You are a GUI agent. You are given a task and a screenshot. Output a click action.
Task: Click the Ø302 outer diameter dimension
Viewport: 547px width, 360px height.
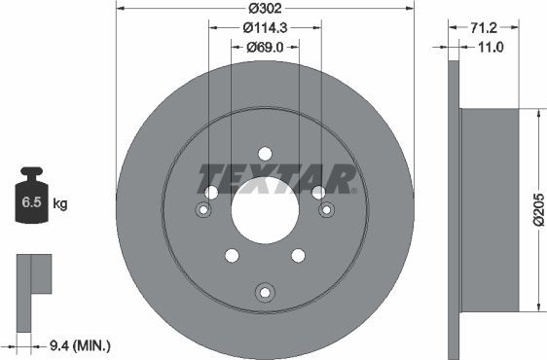pyautogui.click(x=265, y=9)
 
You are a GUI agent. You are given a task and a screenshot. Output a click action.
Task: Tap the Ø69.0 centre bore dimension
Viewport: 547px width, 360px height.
pyautogui.click(x=265, y=47)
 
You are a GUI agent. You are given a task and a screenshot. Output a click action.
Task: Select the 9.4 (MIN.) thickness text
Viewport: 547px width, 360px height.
pyautogui.click(x=80, y=344)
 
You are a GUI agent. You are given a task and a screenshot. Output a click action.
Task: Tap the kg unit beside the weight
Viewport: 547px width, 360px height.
pyautogui.click(x=60, y=204)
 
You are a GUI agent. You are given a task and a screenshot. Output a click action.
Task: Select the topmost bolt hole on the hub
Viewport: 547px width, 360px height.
pyautogui.click(x=265, y=153)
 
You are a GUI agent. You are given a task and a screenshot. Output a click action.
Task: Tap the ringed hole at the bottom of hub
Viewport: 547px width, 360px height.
pyautogui.click(x=264, y=292)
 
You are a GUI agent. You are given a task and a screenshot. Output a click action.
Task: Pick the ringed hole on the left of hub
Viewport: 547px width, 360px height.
pyautogui.click(x=203, y=210)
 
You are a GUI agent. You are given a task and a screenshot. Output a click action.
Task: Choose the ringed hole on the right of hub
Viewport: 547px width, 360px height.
pyautogui.click(x=325, y=209)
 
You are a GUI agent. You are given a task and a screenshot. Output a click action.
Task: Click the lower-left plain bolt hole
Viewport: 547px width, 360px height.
pyautogui.click(x=232, y=255)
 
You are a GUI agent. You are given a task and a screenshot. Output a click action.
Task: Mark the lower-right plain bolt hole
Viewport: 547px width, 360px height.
pyautogui.click(x=298, y=255)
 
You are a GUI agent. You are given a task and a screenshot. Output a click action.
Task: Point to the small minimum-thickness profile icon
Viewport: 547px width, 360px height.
pyautogui.click(x=32, y=276)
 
